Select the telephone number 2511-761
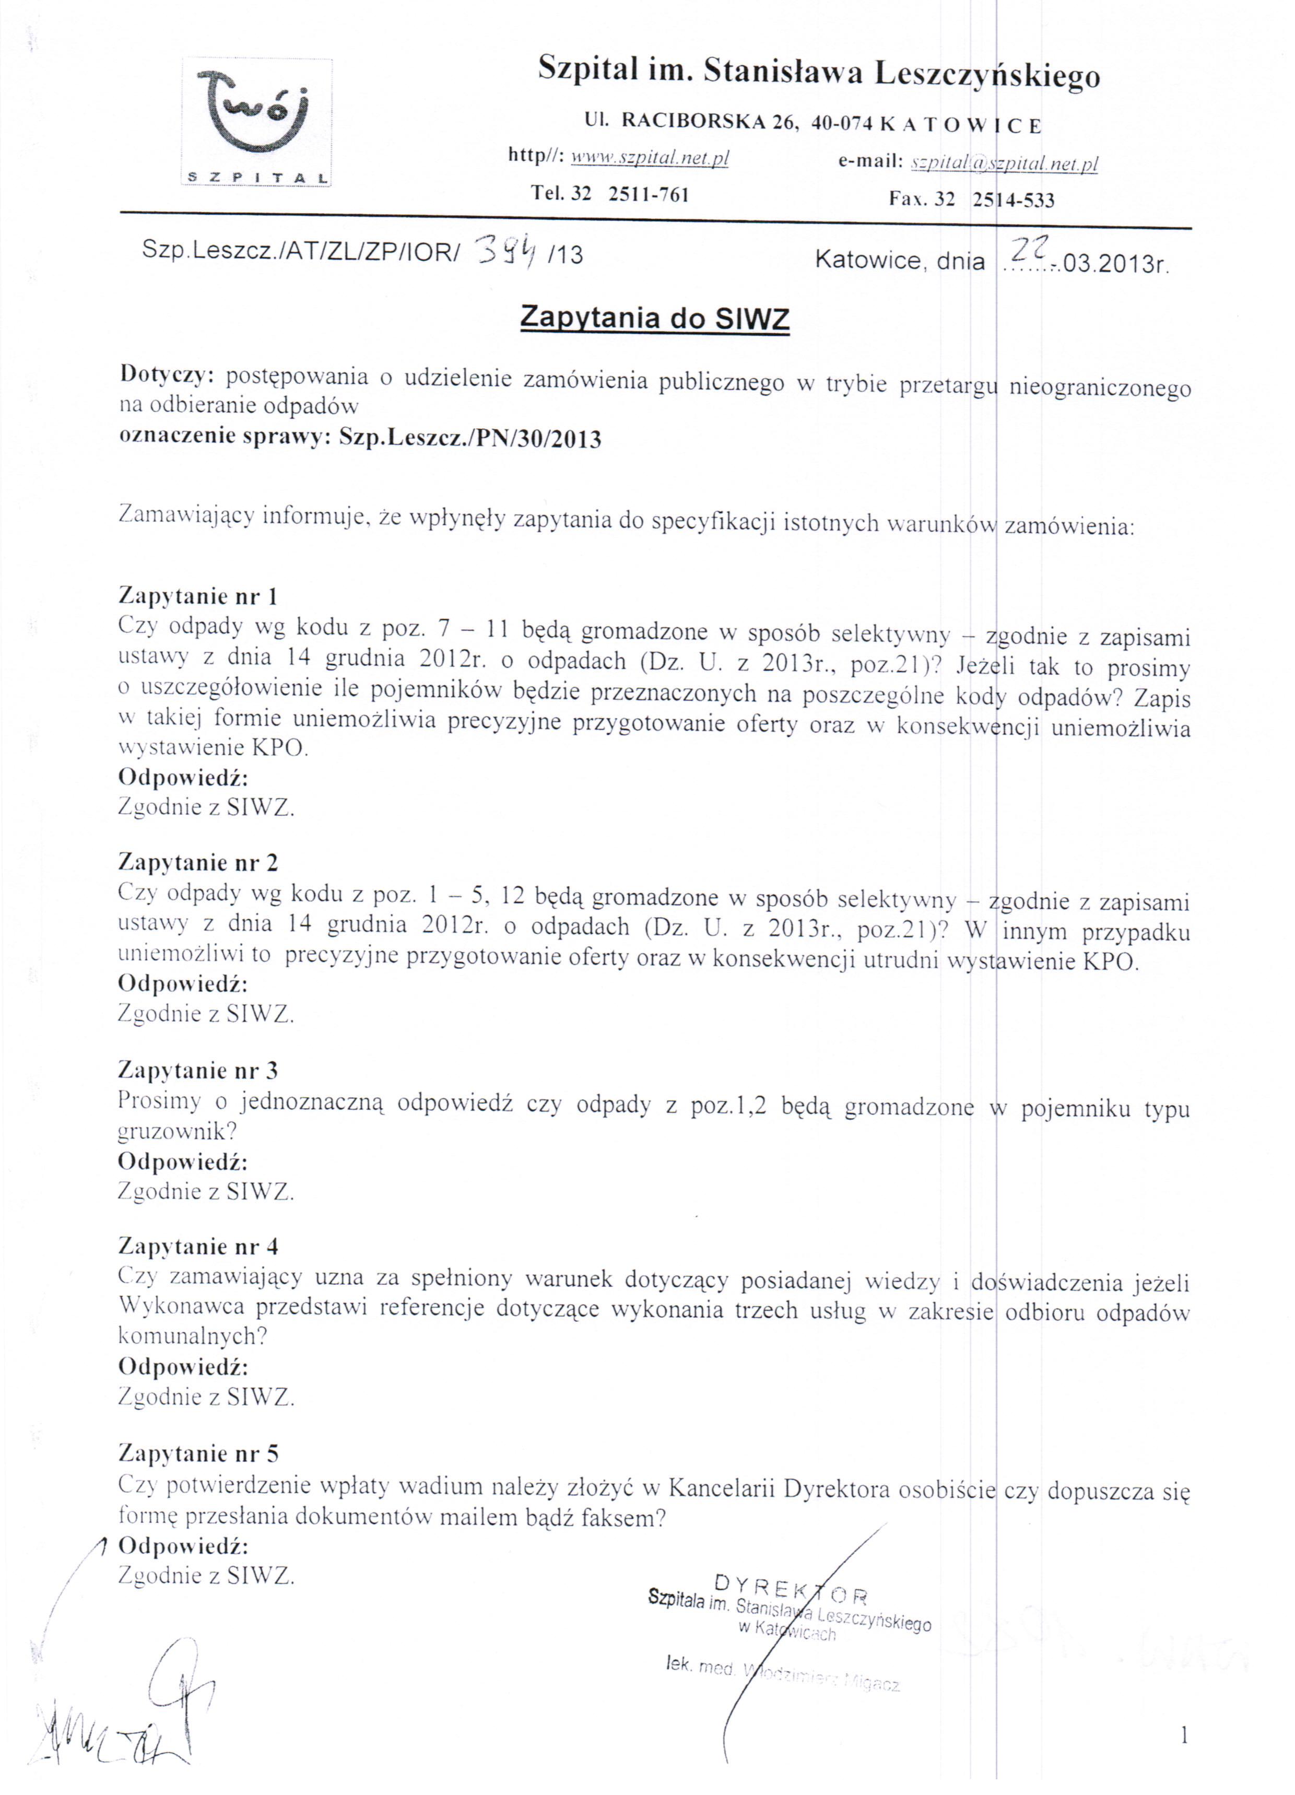click(x=649, y=195)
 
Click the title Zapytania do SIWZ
click(x=655, y=318)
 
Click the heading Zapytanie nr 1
click(x=198, y=595)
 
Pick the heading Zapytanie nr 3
click(x=198, y=1070)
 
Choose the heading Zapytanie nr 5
click(x=198, y=1452)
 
